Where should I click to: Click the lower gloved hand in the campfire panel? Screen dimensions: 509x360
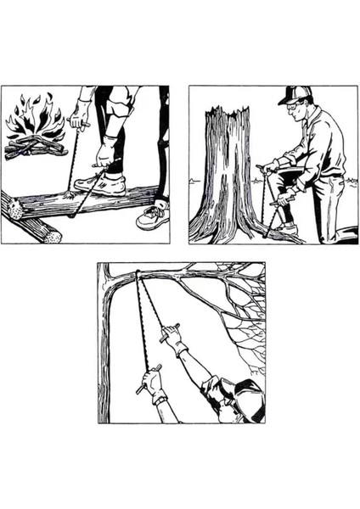point(104,156)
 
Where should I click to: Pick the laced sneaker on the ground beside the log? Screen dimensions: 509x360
point(153,216)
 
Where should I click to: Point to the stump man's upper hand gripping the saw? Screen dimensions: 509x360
point(270,168)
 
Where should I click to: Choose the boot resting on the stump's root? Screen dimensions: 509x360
point(284,227)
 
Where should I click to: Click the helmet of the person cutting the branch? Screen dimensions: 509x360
point(247,389)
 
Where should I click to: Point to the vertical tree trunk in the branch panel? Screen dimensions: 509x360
point(104,356)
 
